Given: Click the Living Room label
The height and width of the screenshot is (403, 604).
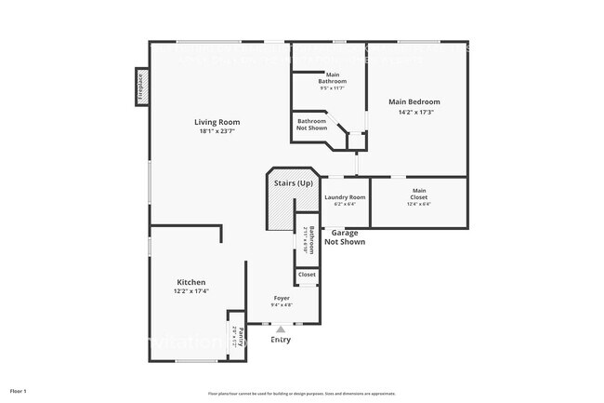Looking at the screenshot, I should click(x=217, y=122).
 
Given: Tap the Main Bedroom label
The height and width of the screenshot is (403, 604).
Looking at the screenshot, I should click(x=414, y=101).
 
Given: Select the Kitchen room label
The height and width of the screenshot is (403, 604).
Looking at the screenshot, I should click(x=191, y=282).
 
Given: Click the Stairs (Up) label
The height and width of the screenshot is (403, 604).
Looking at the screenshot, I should click(x=293, y=183).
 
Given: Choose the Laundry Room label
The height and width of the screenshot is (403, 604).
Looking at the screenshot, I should click(x=345, y=197).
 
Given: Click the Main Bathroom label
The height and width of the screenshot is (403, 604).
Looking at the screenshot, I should click(x=332, y=77).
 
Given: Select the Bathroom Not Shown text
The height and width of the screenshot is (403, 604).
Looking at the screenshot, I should click(x=311, y=125).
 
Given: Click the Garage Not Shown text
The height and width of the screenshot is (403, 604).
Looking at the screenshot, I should click(x=345, y=237).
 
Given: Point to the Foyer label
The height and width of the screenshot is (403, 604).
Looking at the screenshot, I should click(x=281, y=298).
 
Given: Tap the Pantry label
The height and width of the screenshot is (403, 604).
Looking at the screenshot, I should click(x=241, y=337).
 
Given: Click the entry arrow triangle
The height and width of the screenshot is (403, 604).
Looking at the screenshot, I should click(x=281, y=329).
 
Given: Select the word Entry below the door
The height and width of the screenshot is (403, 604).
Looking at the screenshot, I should click(x=281, y=340).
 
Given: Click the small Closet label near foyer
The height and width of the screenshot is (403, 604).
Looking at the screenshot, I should click(x=307, y=275).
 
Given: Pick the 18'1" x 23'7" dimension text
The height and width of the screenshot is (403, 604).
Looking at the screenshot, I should click(x=217, y=131).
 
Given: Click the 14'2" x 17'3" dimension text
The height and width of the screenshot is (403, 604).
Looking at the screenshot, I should click(x=414, y=112).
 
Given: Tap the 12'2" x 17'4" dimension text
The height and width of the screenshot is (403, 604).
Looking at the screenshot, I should click(x=191, y=291).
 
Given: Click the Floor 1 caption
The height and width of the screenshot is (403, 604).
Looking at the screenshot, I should click(x=19, y=391).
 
